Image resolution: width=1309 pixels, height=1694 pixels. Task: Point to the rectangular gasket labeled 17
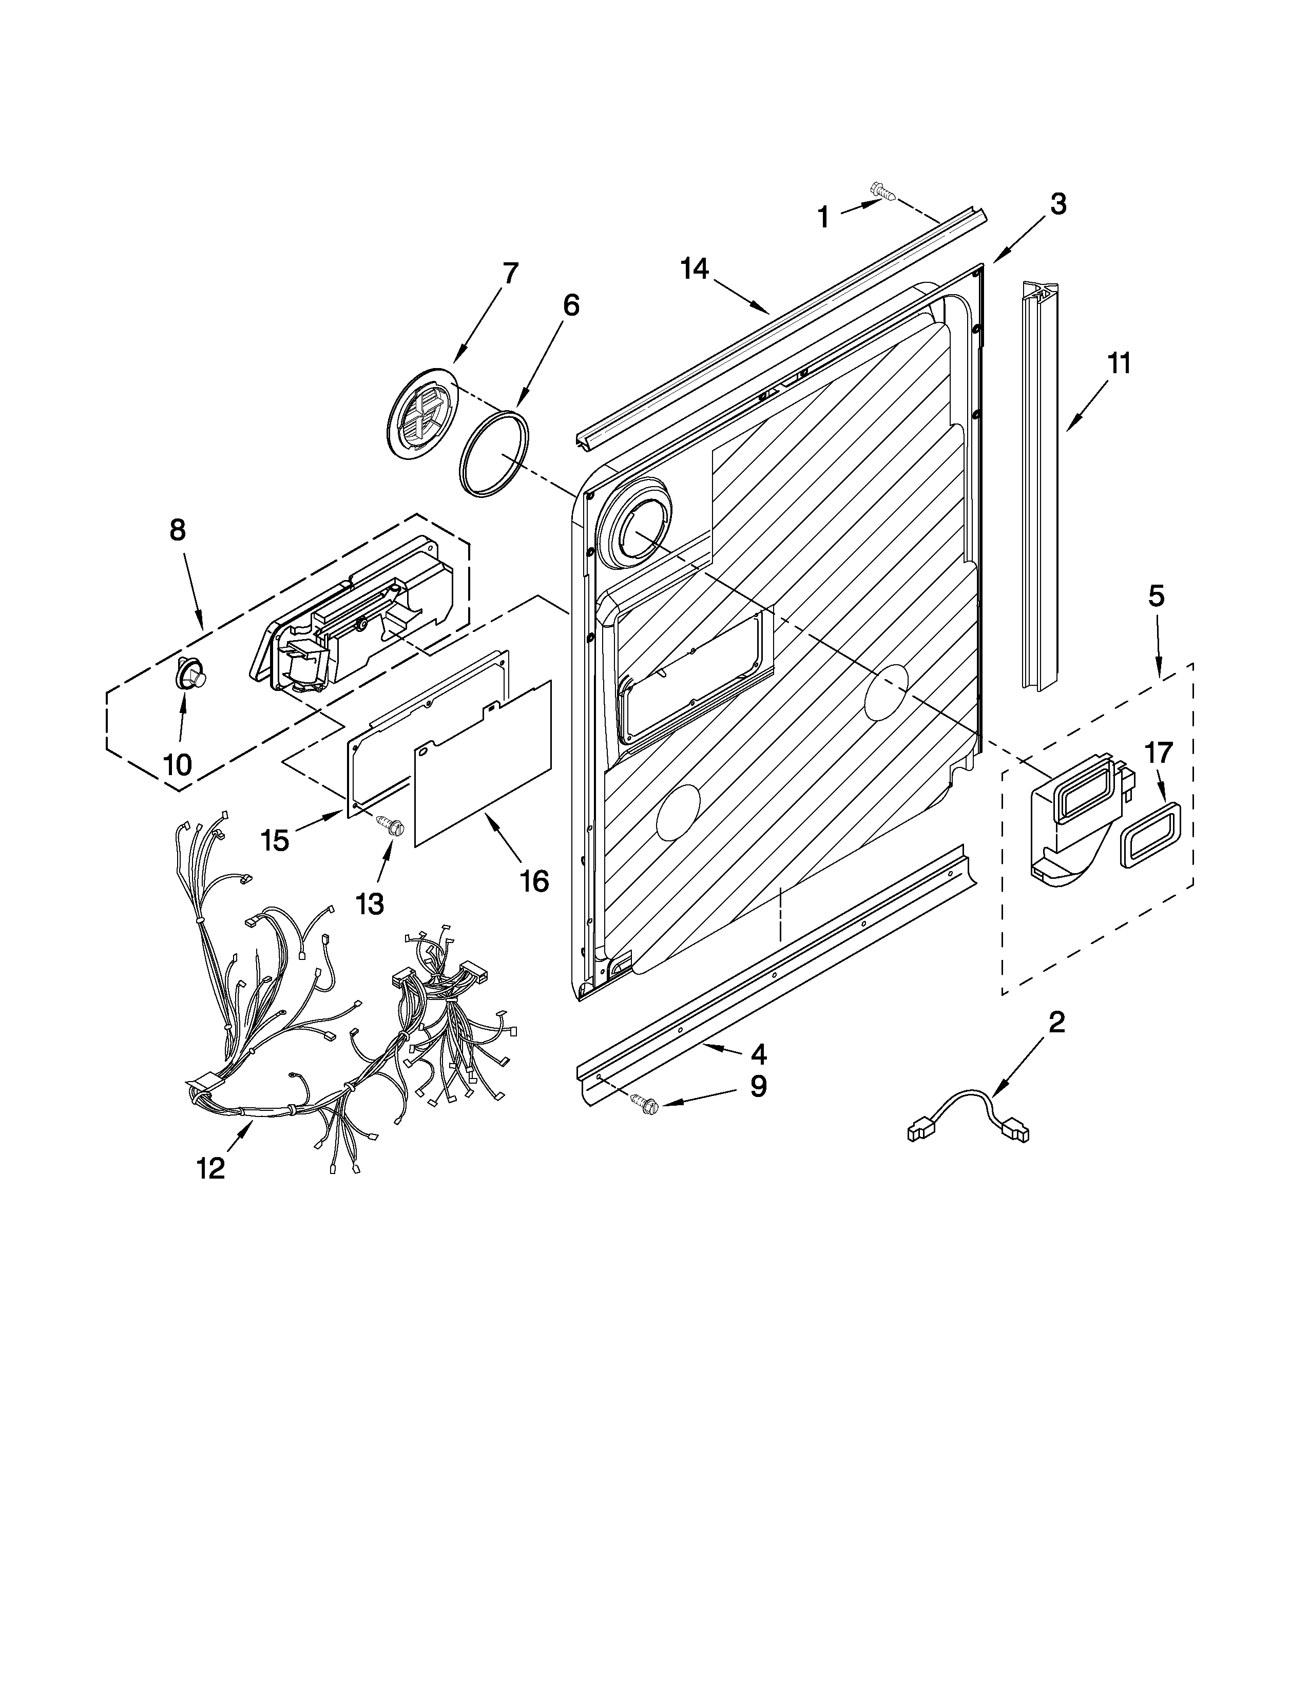pyautogui.click(x=1148, y=833)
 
